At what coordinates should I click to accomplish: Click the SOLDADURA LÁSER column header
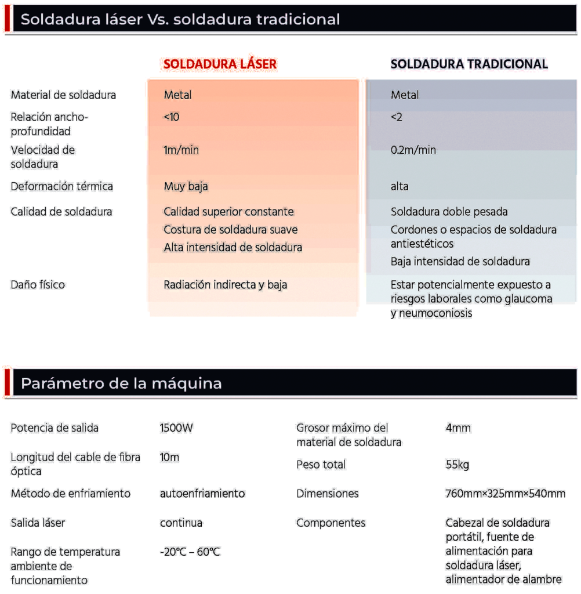220,64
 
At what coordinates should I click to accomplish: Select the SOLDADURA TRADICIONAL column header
469,64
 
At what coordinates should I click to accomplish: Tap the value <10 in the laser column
172,117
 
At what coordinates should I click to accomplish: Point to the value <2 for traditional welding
397,117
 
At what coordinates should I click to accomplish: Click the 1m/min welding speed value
181,150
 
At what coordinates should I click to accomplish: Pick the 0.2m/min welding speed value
413,150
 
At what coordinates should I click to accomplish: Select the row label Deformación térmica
62,187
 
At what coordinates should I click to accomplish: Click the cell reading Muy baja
186,187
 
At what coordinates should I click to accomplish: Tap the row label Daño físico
38,285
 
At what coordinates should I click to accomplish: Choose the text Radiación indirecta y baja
225,285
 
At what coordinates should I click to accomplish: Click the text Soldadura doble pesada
449,212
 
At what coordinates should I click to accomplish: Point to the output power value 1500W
176,429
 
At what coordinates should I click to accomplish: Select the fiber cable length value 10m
169,457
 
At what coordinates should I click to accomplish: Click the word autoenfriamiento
202,494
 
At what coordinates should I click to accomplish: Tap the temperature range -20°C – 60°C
190,552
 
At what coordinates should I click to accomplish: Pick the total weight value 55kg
457,465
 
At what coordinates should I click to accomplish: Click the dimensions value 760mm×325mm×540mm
505,494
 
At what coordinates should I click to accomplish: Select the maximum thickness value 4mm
458,429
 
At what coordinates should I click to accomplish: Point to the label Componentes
331,523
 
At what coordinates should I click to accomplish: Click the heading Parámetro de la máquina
121,383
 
